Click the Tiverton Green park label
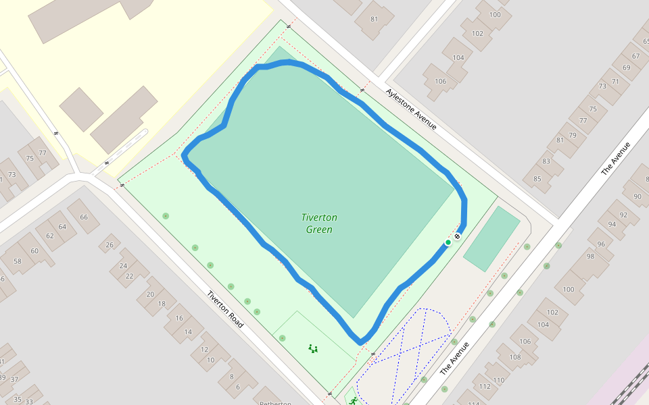pos(319,223)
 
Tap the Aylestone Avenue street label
pos(411,109)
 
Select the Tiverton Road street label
pos(225,309)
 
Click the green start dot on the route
pos(448,242)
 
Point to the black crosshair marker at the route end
pos(458,236)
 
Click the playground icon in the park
pos(313,348)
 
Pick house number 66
pos(84,217)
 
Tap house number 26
pos(110,244)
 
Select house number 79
pos(573,135)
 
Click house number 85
pos(537,179)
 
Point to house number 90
pos(637,196)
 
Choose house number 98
pos(590,256)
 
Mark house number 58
pos(18,261)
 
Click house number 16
pos(179,317)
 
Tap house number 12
pos(203,349)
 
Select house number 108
pos(515,356)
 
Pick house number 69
pos(626,67)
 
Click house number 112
pos(484,386)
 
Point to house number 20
pos(150,294)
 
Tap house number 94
pos(612,224)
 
